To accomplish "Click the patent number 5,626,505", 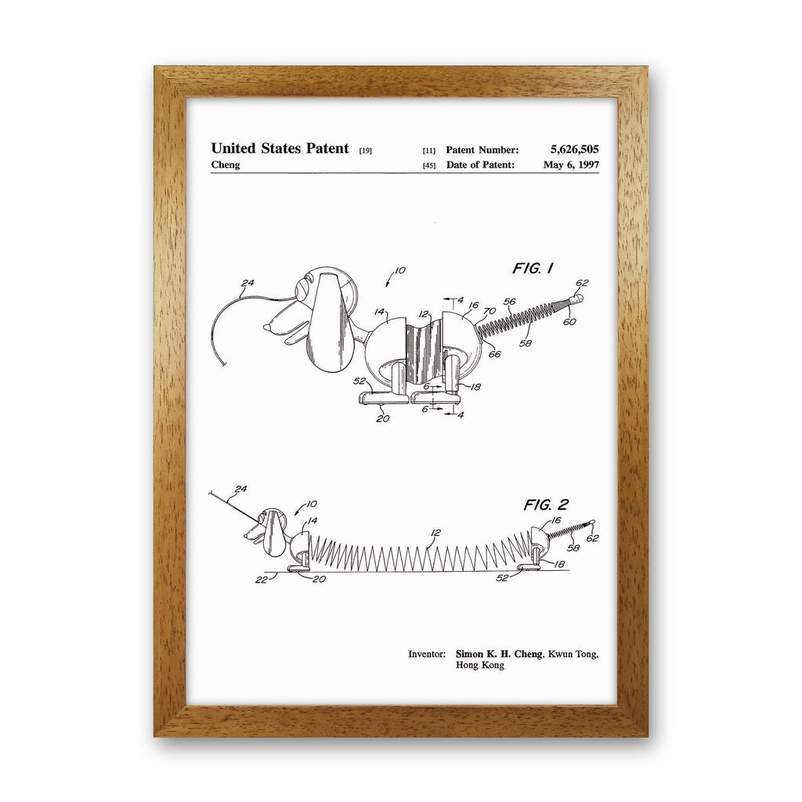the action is tap(574, 150).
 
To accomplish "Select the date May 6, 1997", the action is tap(571, 164).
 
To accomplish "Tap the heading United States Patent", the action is tap(280, 148).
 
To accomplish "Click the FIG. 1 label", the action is tap(533, 268).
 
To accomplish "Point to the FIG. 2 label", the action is tap(546, 505).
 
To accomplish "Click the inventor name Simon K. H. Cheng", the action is tap(499, 654).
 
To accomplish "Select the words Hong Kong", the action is tap(480, 665).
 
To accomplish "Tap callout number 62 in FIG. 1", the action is tap(582, 283).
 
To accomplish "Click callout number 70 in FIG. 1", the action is tap(490, 311).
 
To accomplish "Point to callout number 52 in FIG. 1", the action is tap(359, 381).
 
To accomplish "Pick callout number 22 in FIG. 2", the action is tap(261, 580).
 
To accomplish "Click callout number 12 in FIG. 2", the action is tap(435, 533).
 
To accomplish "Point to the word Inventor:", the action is tap(427, 654).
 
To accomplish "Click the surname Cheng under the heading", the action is tap(226, 164).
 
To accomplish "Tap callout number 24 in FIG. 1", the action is tap(247, 283).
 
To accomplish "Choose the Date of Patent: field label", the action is tap(480, 164).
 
